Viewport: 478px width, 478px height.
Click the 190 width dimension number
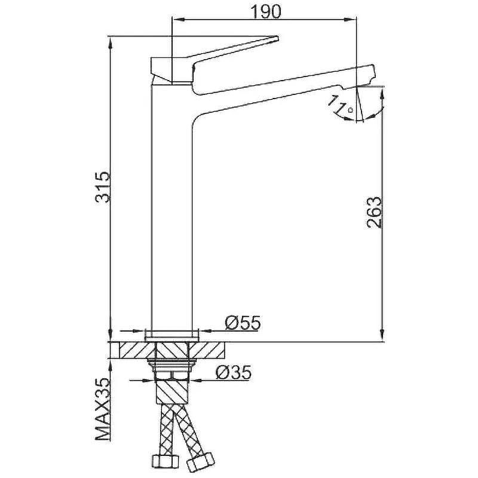coord(265,11)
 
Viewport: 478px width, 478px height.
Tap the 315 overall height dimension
coord(102,187)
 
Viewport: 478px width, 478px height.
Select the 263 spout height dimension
coord(374,212)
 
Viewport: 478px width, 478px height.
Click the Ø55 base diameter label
coord(243,323)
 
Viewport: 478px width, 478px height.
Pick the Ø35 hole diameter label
coord(234,372)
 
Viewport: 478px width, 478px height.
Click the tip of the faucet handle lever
coord(277,38)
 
